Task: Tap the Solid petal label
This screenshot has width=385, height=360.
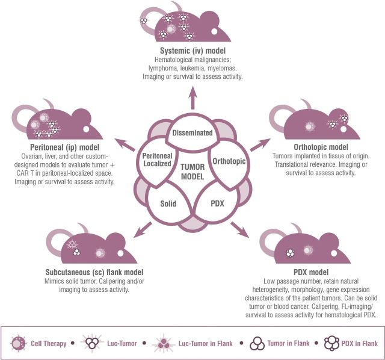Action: click(x=168, y=203)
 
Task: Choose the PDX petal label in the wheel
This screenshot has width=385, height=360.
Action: click(x=218, y=203)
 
